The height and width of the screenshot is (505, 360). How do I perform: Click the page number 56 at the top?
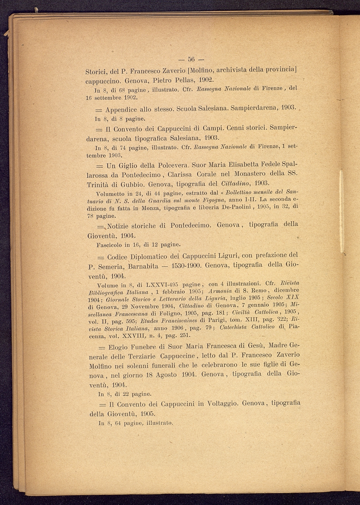(192, 59)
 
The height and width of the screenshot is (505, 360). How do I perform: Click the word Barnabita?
(142, 266)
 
